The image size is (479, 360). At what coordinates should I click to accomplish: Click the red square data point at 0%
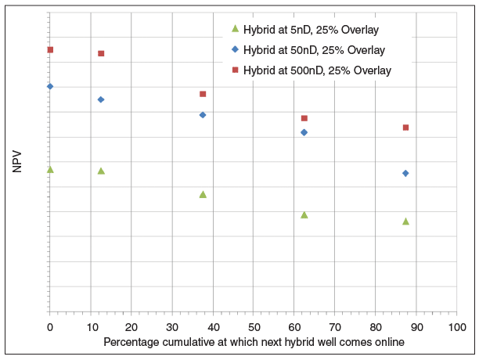click(x=50, y=49)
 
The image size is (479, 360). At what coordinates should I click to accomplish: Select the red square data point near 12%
click(x=101, y=53)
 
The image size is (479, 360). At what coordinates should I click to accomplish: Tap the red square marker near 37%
click(x=203, y=94)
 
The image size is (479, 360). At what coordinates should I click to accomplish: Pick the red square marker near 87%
click(x=405, y=127)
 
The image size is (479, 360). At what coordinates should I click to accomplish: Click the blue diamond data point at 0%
click(x=50, y=86)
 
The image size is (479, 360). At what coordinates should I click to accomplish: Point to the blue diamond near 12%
click(x=101, y=99)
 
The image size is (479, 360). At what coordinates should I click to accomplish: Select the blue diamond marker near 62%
click(x=304, y=132)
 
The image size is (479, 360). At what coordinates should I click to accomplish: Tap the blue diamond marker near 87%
click(x=405, y=173)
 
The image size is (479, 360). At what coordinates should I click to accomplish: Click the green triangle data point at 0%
click(x=50, y=169)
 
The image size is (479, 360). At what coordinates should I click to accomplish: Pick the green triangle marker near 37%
click(x=203, y=194)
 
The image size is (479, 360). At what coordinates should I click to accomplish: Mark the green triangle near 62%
click(x=304, y=214)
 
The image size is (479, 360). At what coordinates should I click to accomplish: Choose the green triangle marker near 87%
click(x=405, y=221)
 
